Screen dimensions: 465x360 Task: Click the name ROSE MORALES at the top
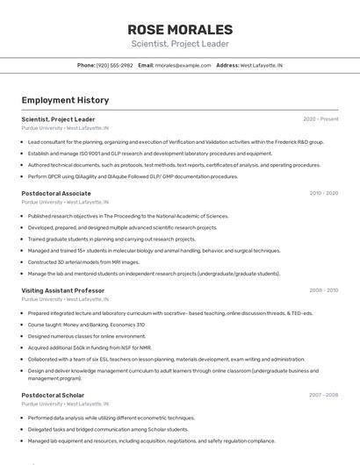pos(179,29)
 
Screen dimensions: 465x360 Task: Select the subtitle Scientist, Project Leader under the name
pos(179,44)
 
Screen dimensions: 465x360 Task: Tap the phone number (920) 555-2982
pos(115,65)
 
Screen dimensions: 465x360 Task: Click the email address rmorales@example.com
pos(183,65)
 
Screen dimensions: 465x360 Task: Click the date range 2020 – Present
pos(320,119)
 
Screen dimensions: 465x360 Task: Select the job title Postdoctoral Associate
pos(56,193)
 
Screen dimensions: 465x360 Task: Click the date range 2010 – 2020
pos(323,193)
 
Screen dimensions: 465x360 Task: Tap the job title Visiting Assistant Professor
pos(62,290)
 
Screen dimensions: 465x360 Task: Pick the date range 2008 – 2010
pos(323,290)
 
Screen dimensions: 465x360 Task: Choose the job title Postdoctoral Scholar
pos(53,395)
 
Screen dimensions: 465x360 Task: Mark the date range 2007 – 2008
pos(323,395)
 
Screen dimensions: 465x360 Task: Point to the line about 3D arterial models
pos(83,261)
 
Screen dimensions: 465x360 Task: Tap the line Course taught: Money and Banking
pos(86,325)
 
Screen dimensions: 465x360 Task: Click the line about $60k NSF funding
pos(90,347)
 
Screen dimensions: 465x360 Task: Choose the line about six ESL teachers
pos(166,359)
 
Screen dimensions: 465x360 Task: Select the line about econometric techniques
pos(111,418)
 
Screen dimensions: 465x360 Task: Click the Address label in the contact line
pos(227,65)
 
